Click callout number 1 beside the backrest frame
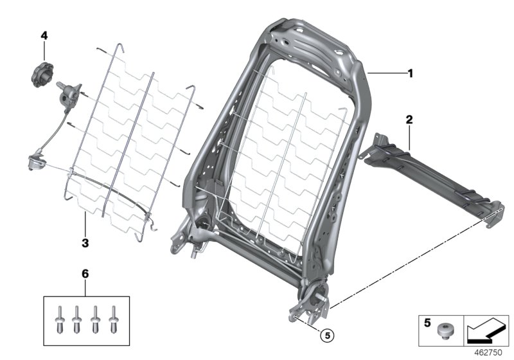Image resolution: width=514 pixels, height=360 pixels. (x=410, y=73)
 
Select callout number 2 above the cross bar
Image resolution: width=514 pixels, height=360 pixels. (x=409, y=120)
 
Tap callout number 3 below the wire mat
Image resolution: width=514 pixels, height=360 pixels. (x=84, y=244)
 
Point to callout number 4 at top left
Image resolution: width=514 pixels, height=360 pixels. (x=44, y=36)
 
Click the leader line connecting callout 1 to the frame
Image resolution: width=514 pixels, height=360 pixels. (x=385, y=75)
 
